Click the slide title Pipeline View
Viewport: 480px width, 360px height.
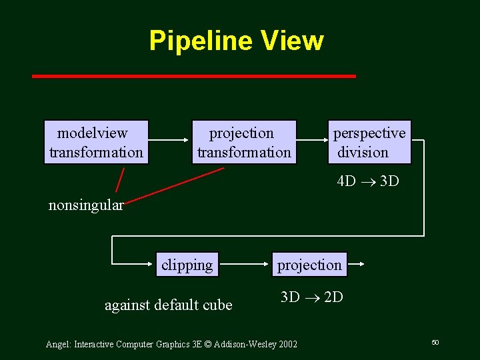tap(236, 41)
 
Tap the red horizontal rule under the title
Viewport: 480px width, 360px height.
tap(194, 77)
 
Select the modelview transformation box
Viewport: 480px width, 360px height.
tap(95, 142)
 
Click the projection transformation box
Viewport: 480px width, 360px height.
tap(243, 142)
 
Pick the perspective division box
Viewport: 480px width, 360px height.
tap(369, 142)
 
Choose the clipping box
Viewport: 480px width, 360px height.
tap(187, 265)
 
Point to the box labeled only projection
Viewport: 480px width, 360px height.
tap(309, 265)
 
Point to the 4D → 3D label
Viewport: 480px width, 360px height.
tap(368, 181)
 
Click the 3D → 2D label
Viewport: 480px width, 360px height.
tap(311, 297)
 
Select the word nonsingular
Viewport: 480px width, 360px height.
tap(86, 205)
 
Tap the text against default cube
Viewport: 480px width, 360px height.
tap(169, 305)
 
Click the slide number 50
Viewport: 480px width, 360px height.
tap(435, 342)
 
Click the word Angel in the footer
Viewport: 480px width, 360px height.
tap(58, 344)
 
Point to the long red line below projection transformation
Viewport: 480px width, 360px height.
tap(175, 184)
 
